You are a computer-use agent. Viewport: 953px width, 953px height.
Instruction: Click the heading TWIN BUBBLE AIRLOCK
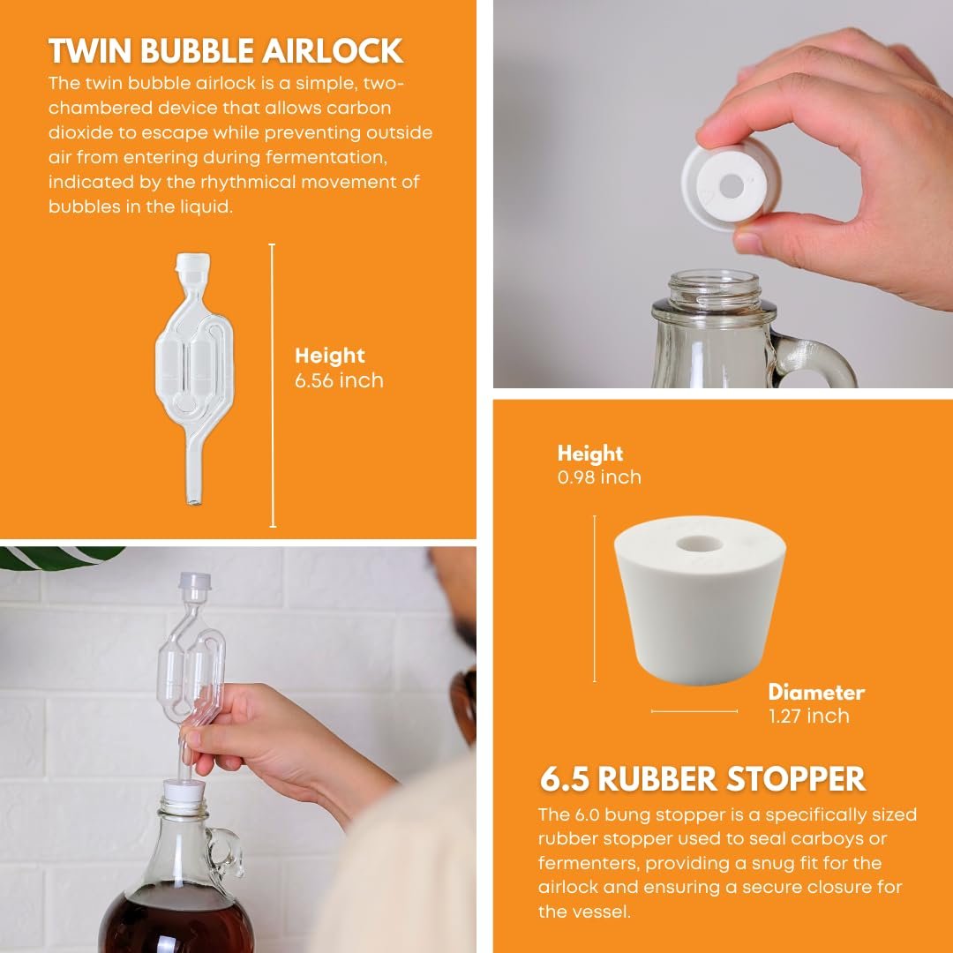pos(226,50)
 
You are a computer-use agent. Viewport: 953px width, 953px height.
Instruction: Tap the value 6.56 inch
pos(339,380)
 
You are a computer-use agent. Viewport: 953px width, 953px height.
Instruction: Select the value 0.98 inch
pos(599,477)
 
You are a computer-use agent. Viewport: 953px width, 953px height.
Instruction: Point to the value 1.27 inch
pos(809,716)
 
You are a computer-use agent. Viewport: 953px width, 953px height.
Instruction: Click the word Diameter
pos(816,693)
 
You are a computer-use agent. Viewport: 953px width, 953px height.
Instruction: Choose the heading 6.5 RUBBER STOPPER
pos(702,779)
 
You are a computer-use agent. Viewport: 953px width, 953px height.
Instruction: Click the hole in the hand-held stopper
pos(730,186)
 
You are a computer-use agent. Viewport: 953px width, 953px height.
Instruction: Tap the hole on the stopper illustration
pos(700,543)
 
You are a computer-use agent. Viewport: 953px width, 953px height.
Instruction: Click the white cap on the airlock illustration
pos(192,265)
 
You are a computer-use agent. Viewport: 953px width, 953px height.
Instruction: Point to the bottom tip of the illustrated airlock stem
pos(194,503)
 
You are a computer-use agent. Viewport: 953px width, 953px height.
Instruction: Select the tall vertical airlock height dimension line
pos(273,386)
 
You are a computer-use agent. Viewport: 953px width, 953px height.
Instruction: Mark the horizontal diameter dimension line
pos(694,710)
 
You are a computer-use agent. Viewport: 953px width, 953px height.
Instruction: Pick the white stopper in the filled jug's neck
pos(184,791)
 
